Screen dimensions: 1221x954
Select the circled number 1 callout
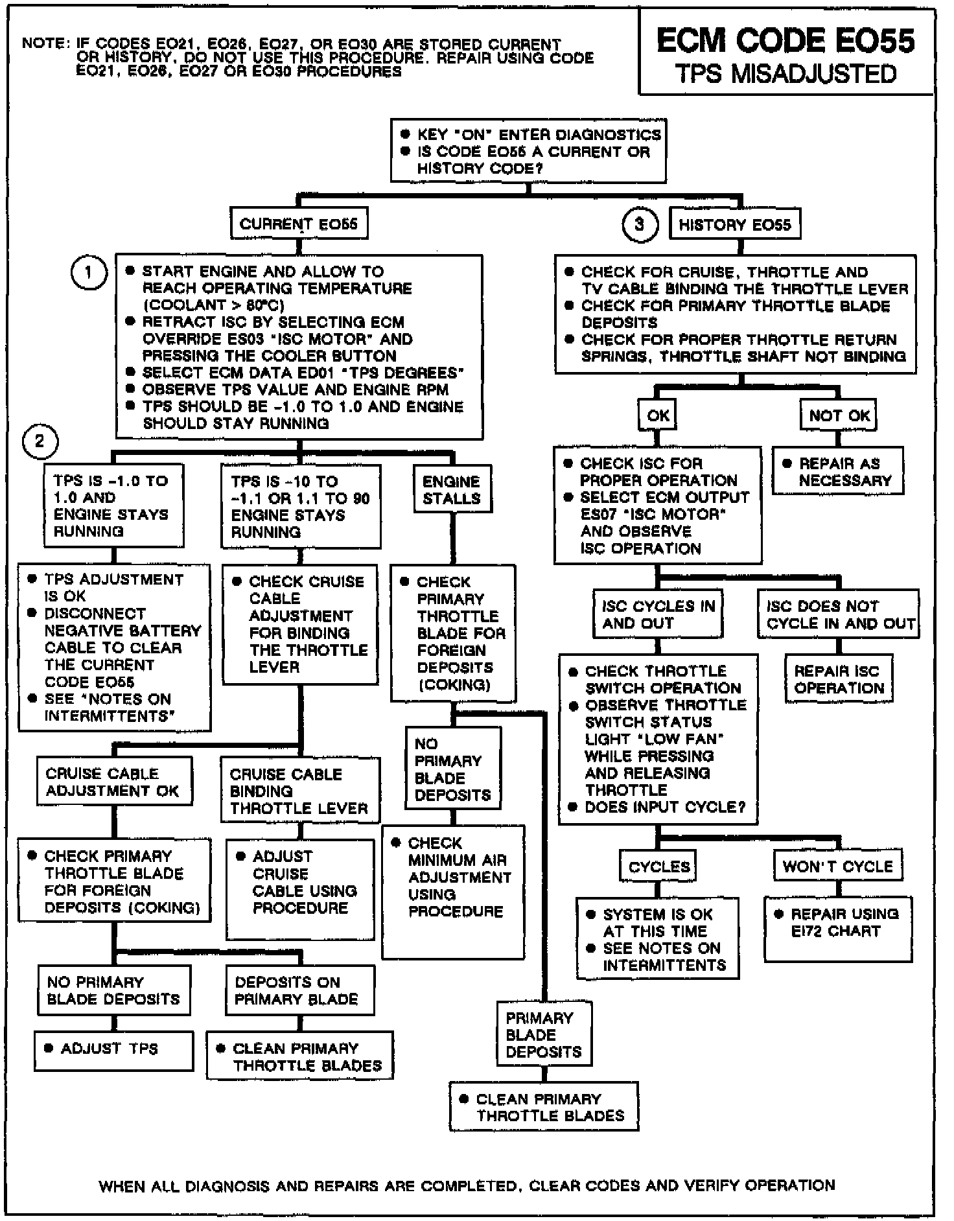[88, 273]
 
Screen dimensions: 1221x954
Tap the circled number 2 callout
[40, 442]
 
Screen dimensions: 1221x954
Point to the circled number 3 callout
[640, 225]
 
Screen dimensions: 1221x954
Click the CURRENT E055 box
[298, 224]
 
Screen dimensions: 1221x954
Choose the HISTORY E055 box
[734, 225]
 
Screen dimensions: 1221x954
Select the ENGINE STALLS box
[452, 490]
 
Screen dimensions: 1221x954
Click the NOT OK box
[839, 415]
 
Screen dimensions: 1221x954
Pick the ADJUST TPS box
[113, 1049]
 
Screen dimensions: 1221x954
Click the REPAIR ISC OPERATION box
[839, 679]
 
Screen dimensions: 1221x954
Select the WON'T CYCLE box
[837, 866]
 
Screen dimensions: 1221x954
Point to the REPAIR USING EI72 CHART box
[837, 923]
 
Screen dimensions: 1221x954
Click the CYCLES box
[659, 866]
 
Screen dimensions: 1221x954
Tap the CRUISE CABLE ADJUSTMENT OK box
[114, 782]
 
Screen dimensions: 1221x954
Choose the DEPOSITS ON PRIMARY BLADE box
[299, 990]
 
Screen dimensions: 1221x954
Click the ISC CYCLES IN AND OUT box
[658, 614]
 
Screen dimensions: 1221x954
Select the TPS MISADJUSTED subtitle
[785, 74]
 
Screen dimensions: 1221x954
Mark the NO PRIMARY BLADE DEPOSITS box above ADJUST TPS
[114, 990]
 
